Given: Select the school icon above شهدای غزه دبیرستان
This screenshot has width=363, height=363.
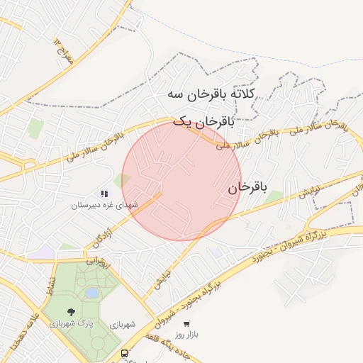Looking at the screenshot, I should click(104, 193).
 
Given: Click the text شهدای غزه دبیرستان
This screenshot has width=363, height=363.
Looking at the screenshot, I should click(106, 205).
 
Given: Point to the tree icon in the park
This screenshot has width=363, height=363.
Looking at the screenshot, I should click(70, 312).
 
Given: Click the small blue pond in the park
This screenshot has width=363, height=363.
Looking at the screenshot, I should click(91, 292).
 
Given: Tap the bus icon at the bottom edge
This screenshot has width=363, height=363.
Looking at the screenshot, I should click(125, 353).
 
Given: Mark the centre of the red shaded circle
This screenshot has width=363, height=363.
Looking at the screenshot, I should click(181, 181).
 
